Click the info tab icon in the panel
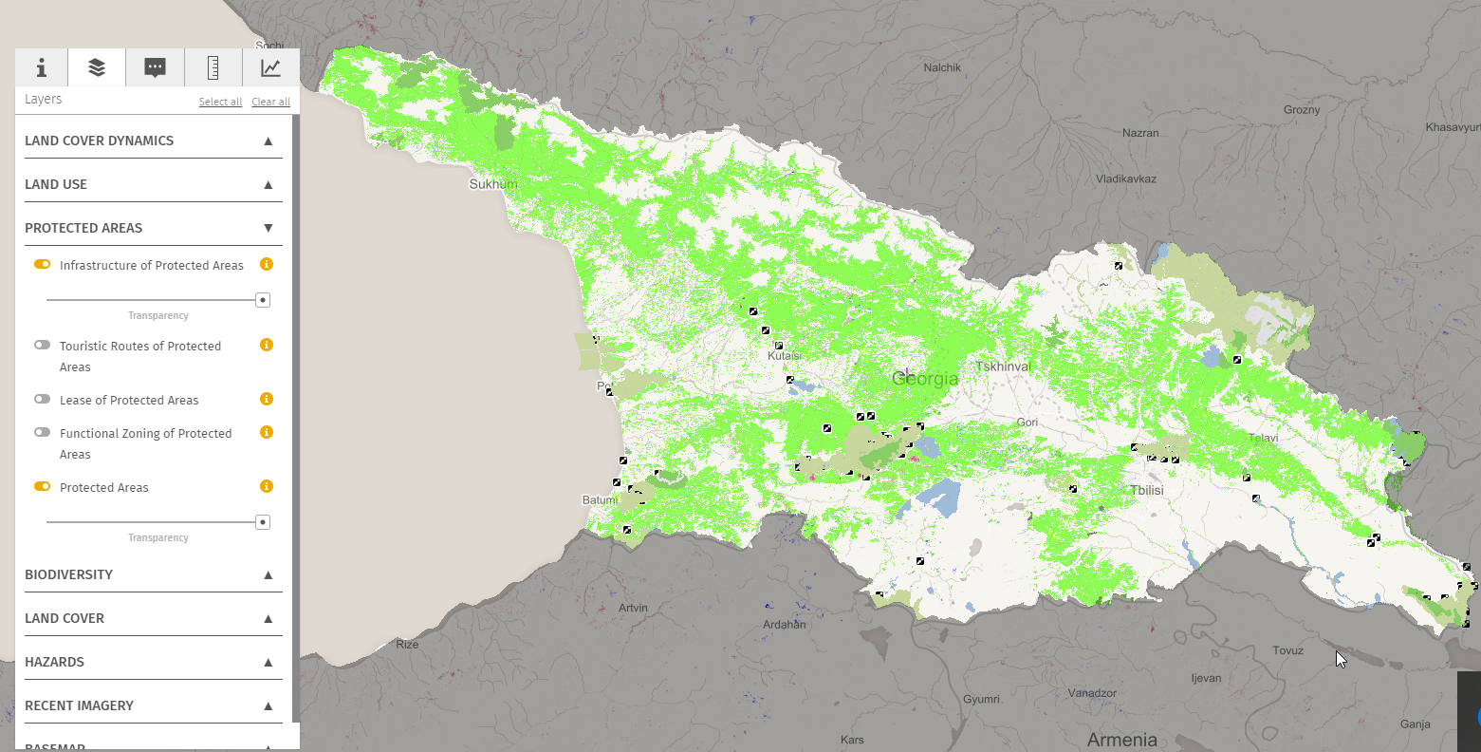click(x=41, y=67)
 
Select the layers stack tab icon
click(x=97, y=67)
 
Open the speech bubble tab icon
click(x=155, y=67)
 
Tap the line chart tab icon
click(x=270, y=67)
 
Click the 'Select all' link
click(x=220, y=102)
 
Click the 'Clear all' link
click(x=270, y=102)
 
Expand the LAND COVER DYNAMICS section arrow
click(x=268, y=141)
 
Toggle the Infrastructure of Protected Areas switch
click(x=43, y=265)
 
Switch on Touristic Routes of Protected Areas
click(x=43, y=346)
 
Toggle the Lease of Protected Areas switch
click(x=43, y=400)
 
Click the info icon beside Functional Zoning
click(x=267, y=432)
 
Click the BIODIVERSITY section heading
click(x=68, y=574)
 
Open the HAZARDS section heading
click(x=54, y=662)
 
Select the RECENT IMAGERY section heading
click(x=79, y=705)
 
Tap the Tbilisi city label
click(x=1146, y=490)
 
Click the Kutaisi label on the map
click(x=785, y=356)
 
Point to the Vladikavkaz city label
click(x=1125, y=179)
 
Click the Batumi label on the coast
click(x=599, y=500)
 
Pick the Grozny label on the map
click(x=1301, y=110)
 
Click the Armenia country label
click(x=1121, y=740)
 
